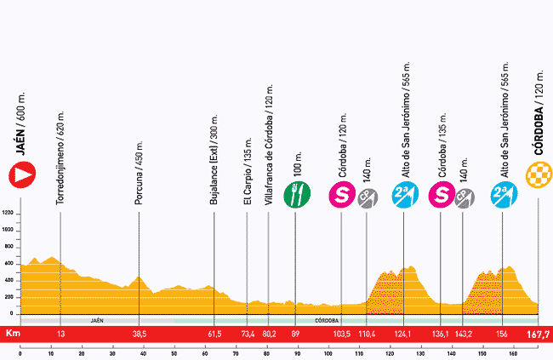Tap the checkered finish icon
pyautogui.click(x=538, y=176)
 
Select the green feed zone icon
pyautogui.click(x=296, y=195)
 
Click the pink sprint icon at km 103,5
pyautogui.click(x=341, y=195)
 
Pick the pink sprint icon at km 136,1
pyautogui.click(x=441, y=195)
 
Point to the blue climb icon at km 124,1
pyautogui.click(x=404, y=195)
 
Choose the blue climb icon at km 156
pyautogui.click(x=503, y=195)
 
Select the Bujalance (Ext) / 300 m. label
pyautogui.click(x=214, y=165)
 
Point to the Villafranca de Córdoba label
pyautogui.click(x=268, y=145)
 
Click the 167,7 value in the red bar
pyautogui.click(x=537, y=333)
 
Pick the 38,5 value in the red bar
pyautogui.click(x=140, y=334)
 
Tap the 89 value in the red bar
pyautogui.click(x=295, y=334)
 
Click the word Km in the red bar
pyautogui.click(x=12, y=333)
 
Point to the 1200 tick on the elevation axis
pyautogui.click(x=8, y=213)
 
